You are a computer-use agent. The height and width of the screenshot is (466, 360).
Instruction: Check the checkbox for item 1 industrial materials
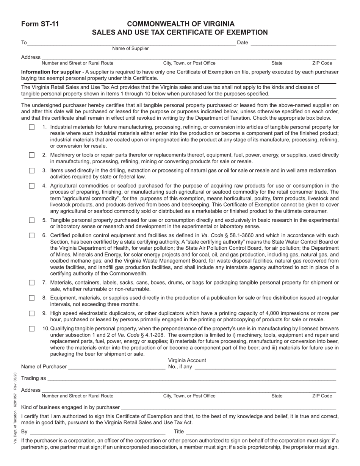32,127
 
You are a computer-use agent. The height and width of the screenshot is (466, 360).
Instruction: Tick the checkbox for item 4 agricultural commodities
32,186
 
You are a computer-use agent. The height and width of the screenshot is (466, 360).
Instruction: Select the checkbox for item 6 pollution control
32,236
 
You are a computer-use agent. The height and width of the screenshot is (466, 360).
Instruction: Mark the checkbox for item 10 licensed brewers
32,328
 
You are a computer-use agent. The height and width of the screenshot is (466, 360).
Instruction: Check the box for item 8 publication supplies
32,298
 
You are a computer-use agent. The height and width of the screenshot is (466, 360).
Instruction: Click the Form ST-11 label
40,24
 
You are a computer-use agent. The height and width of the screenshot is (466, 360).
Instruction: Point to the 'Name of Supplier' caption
130,48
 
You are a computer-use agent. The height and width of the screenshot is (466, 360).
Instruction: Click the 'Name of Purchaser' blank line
117,366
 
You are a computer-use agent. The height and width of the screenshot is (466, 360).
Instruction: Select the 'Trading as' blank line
191,378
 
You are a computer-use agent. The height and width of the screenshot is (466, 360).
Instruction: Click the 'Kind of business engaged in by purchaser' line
228,407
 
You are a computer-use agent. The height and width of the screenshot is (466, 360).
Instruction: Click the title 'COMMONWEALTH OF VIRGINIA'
180,24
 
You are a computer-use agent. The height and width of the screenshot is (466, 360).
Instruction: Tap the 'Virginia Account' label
187,360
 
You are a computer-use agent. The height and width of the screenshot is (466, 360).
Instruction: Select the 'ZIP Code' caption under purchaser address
322,396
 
